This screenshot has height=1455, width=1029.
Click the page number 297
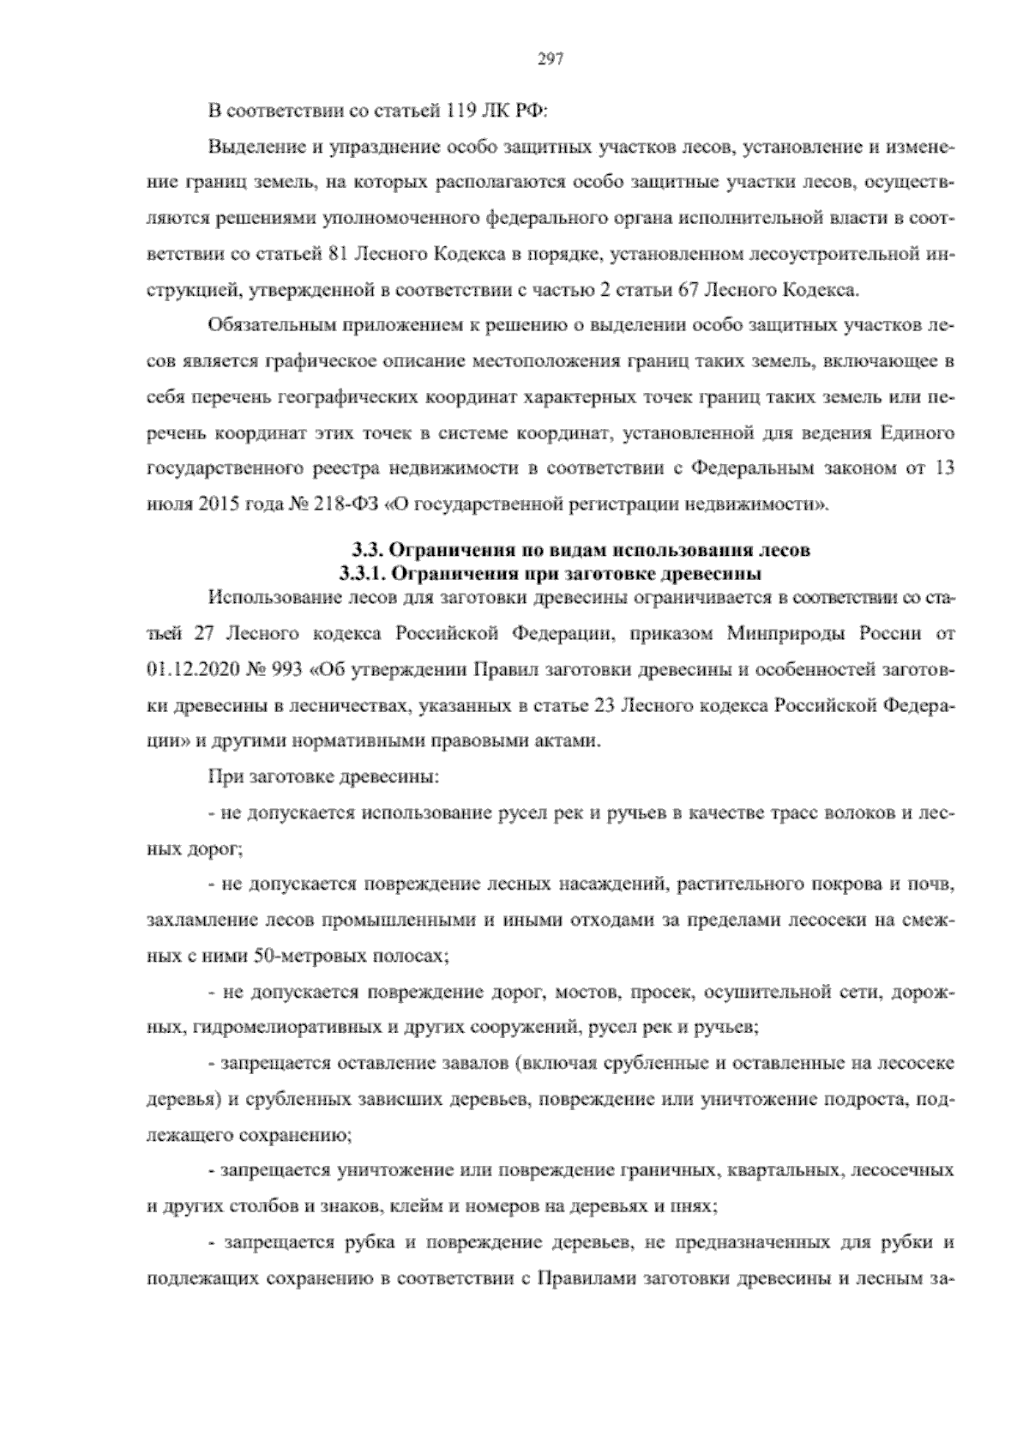(x=549, y=58)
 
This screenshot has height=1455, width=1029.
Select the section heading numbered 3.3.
(x=581, y=550)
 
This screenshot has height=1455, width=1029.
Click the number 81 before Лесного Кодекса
(x=338, y=255)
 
